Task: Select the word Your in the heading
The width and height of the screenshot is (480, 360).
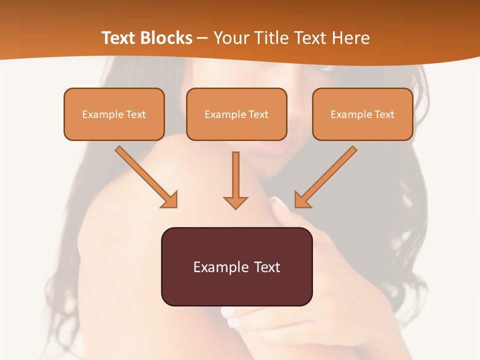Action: pyautogui.click(x=230, y=38)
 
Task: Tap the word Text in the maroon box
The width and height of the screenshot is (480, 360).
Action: pyautogui.click(x=266, y=267)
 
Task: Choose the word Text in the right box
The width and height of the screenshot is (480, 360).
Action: pyautogui.click(x=384, y=114)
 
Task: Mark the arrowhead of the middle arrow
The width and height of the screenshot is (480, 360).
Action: pyautogui.click(x=235, y=202)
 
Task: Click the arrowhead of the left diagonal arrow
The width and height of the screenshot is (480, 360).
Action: pyautogui.click(x=170, y=200)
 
